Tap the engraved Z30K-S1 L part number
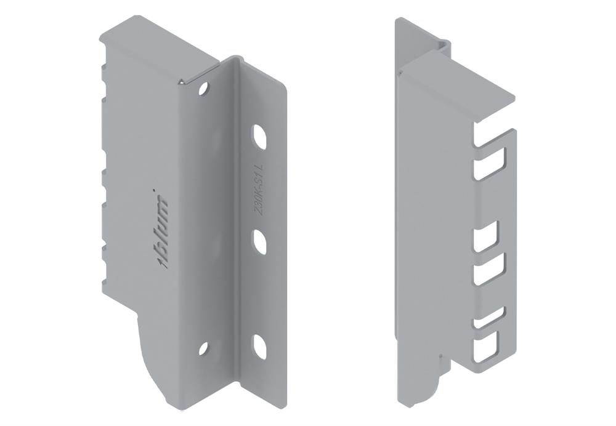coord(260,189)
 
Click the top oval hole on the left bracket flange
coord(260,136)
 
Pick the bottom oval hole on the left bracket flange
coord(260,346)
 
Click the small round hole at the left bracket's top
coord(204,89)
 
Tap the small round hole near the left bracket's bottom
coord(203,348)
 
